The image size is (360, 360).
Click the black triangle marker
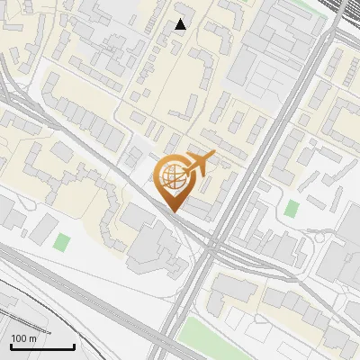181,24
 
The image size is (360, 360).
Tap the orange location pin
173,181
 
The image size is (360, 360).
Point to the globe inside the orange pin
172,175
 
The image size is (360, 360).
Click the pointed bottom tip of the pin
173,211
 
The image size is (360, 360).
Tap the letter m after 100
33,338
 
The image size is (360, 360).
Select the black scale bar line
42,347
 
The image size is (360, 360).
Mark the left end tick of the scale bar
11,346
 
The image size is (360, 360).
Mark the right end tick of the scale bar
74,346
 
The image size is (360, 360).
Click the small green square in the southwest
61,242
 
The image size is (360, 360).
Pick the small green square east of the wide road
291,208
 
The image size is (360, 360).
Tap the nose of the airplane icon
213,157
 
